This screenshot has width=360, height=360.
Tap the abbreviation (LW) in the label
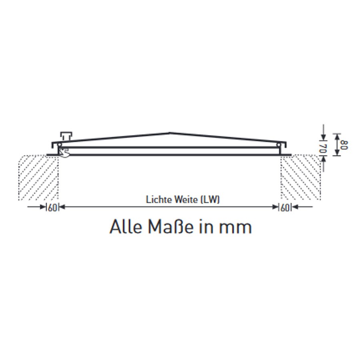click(x=210, y=199)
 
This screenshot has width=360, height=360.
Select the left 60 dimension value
click(x=52, y=208)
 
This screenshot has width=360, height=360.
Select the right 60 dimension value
click(x=285, y=208)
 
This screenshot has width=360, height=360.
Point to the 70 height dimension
click(x=323, y=148)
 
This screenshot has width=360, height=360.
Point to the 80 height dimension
click(x=344, y=145)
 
